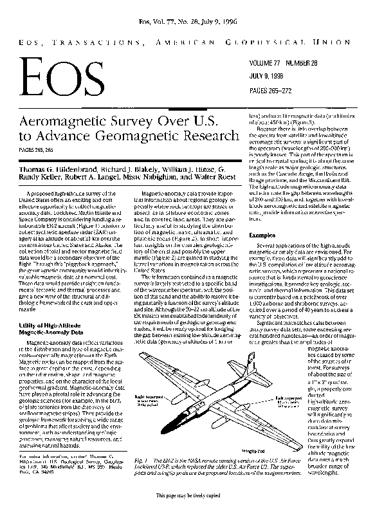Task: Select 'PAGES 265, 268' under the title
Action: click(x=39, y=149)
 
